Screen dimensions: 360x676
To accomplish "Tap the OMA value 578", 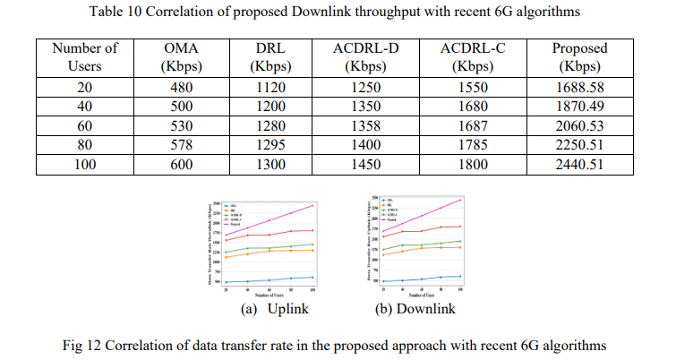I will [181, 146].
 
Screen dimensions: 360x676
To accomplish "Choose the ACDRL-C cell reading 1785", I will [473, 146].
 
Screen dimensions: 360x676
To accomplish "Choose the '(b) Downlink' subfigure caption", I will [413, 309].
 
